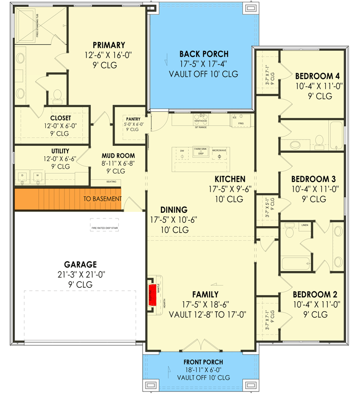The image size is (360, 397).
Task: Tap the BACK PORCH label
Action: coord(204,54)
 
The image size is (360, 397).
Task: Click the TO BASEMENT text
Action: coord(102,199)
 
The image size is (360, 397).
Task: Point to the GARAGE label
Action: coord(80,265)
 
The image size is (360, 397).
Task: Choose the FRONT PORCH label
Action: coord(204,362)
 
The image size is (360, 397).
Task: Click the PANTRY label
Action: coord(133,119)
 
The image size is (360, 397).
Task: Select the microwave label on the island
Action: coord(219,150)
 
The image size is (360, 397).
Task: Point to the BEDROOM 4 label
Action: coord(317,76)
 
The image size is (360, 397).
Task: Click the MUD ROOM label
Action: coord(118,156)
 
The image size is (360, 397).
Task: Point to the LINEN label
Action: coord(304,225)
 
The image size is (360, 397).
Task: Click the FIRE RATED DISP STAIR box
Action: coord(104,228)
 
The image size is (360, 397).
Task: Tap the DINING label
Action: coord(173,209)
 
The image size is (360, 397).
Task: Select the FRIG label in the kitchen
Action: coord(241,123)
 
